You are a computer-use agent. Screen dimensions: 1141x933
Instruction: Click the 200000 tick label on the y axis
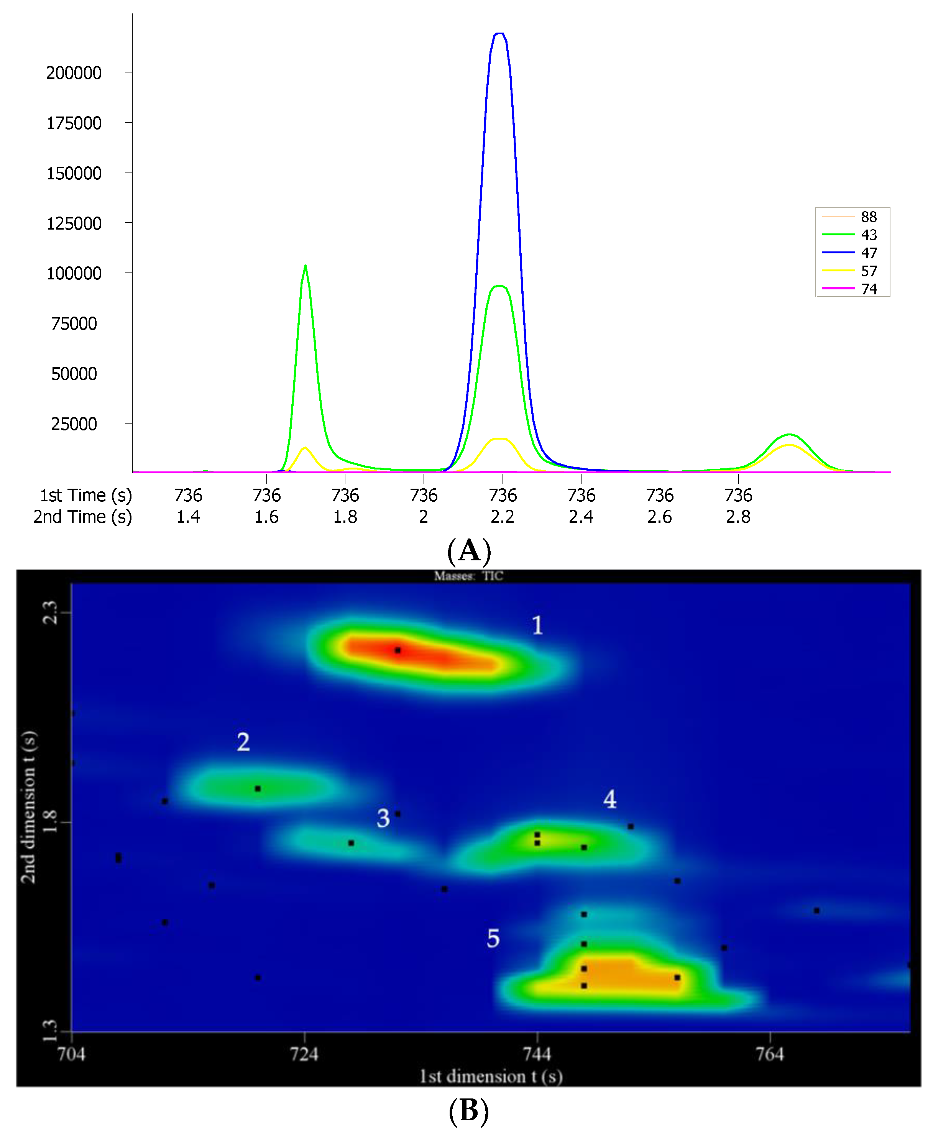coord(74,72)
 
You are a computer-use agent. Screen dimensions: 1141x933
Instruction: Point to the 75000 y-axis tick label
coord(74,323)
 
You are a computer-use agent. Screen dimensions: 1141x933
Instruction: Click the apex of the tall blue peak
coord(500,33)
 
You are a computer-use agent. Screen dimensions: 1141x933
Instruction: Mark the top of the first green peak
coord(305,266)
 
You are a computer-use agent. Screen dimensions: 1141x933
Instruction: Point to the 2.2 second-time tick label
coord(502,517)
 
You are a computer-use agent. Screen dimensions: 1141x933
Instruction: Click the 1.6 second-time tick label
coord(266,517)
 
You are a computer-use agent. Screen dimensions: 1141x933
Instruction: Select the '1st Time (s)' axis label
coord(85,495)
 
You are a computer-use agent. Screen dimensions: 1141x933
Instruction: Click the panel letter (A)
coord(469,550)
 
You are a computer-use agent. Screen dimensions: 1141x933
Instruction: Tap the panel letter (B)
coord(469,1110)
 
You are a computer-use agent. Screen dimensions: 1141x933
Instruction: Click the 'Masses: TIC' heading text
coord(469,576)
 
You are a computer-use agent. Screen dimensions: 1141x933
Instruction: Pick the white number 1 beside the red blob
coord(537,625)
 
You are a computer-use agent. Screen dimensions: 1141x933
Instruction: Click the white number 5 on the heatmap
coord(493,938)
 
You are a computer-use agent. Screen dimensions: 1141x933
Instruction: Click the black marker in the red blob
coord(398,650)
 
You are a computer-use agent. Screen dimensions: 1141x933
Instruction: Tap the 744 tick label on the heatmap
coord(537,1054)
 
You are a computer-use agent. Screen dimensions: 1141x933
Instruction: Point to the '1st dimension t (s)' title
coord(491,1077)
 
